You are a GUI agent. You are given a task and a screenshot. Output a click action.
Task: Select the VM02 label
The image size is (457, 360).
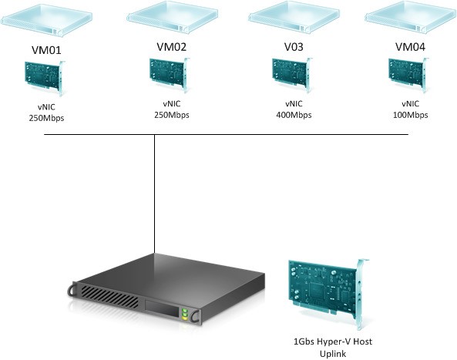[171, 46]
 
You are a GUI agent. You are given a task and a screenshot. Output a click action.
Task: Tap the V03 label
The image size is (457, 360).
[293, 47]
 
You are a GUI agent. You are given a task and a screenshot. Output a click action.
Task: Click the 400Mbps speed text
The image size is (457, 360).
[294, 115]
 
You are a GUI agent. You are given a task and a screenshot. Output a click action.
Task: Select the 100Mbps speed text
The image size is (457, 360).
[410, 115]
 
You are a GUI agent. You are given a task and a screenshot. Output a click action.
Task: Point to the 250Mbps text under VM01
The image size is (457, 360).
[43, 118]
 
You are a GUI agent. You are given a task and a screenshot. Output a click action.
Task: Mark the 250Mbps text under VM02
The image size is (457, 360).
[171, 115]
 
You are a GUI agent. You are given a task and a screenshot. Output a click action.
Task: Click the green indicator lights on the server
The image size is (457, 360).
[185, 314]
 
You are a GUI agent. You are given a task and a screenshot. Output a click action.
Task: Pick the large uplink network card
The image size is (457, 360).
[324, 289]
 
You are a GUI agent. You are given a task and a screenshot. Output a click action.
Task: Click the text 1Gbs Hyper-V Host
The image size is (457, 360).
[328, 341]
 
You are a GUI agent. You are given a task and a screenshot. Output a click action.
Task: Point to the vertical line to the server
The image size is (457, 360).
[155, 193]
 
